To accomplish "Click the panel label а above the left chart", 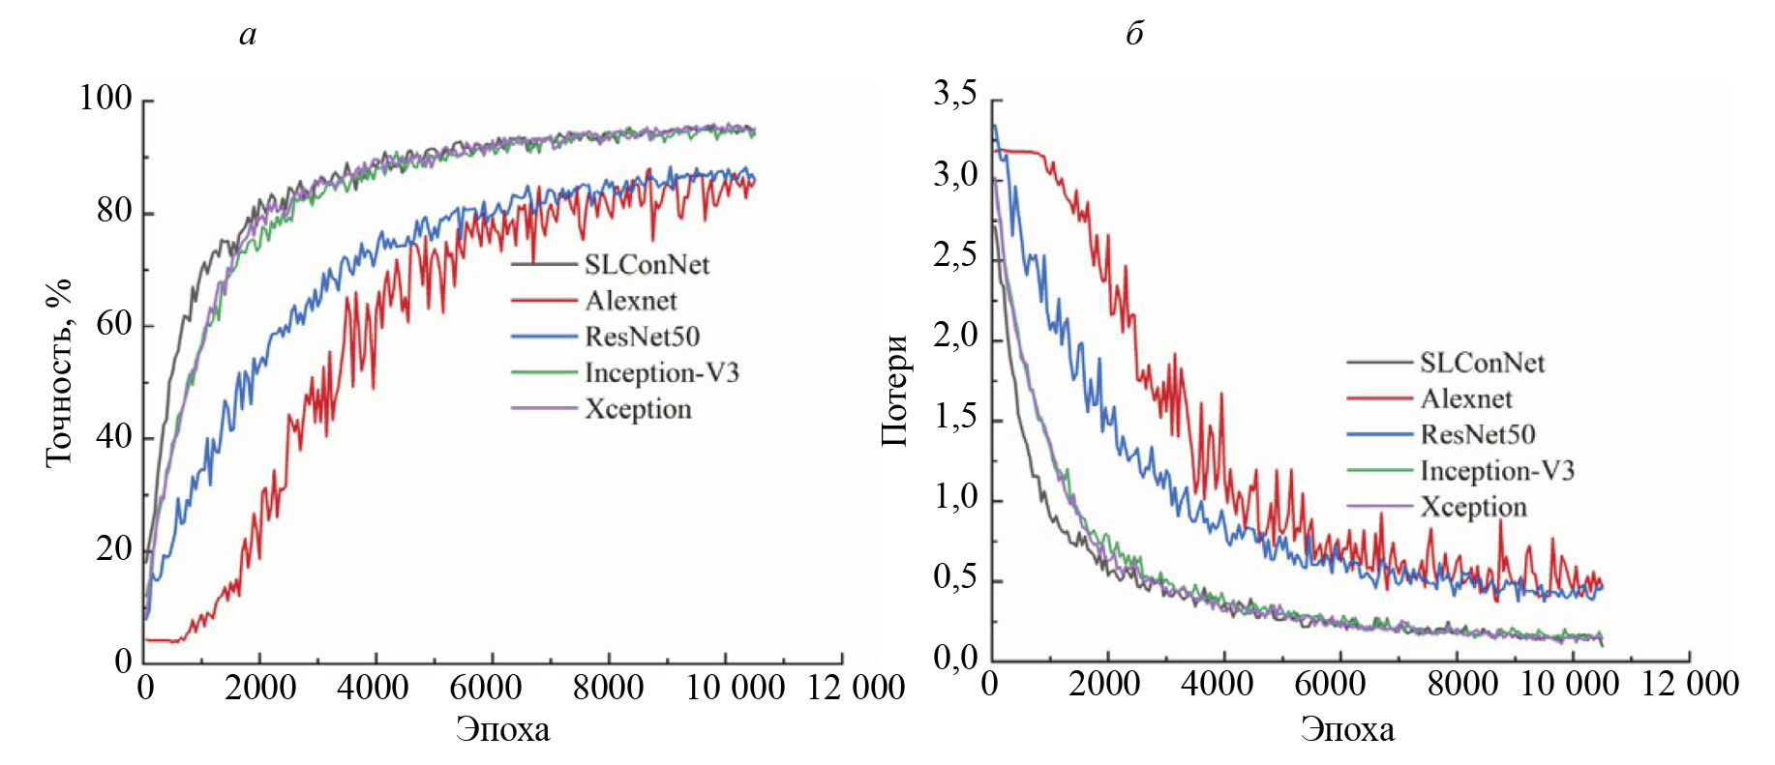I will pyautogui.click(x=248, y=36).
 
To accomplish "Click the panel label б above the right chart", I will pyautogui.click(x=1134, y=34).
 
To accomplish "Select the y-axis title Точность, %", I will pyautogui.click(x=59, y=373).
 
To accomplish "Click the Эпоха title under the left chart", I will pyautogui.click(x=502, y=729).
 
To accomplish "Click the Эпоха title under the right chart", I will pyautogui.click(x=1347, y=729).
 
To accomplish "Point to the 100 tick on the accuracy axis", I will pyautogui.click(x=105, y=98).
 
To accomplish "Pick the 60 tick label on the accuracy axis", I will pyautogui.click(x=113, y=323).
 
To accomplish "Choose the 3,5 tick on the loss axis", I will pyautogui.click(x=954, y=95).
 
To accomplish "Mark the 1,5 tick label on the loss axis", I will pyautogui.click(x=954, y=417).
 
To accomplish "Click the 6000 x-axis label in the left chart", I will pyautogui.click(x=486, y=688).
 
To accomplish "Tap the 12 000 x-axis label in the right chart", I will pyautogui.click(x=1690, y=684).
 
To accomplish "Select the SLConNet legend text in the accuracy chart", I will pyautogui.click(x=647, y=265).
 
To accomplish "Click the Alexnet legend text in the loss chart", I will pyautogui.click(x=1466, y=398).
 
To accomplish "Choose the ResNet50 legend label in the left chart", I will pyautogui.click(x=642, y=337).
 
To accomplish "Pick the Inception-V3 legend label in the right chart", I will pyautogui.click(x=1497, y=471).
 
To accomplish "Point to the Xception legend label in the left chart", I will pyautogui.click(x=638, y=409).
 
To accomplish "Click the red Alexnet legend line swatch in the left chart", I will pyautogui.click(x=544, y=301).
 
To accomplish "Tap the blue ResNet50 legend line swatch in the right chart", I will pyautogui.click(x=1379, y=434).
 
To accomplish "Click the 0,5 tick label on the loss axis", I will pyautogui.click(x=954, y=578).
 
